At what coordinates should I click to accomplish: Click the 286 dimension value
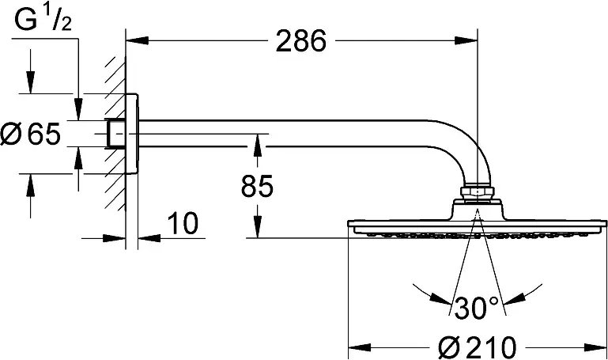point(301,41)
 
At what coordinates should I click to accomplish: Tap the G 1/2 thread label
point(43,20)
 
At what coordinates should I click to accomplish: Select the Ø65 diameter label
point(31,134)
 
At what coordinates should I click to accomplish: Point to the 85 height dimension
point(257,186)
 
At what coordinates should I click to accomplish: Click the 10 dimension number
point(183,224)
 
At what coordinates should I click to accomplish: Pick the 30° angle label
point(476,308)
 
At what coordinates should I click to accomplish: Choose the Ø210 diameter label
point(478,347)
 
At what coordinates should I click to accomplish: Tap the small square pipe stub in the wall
point(115,134)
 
